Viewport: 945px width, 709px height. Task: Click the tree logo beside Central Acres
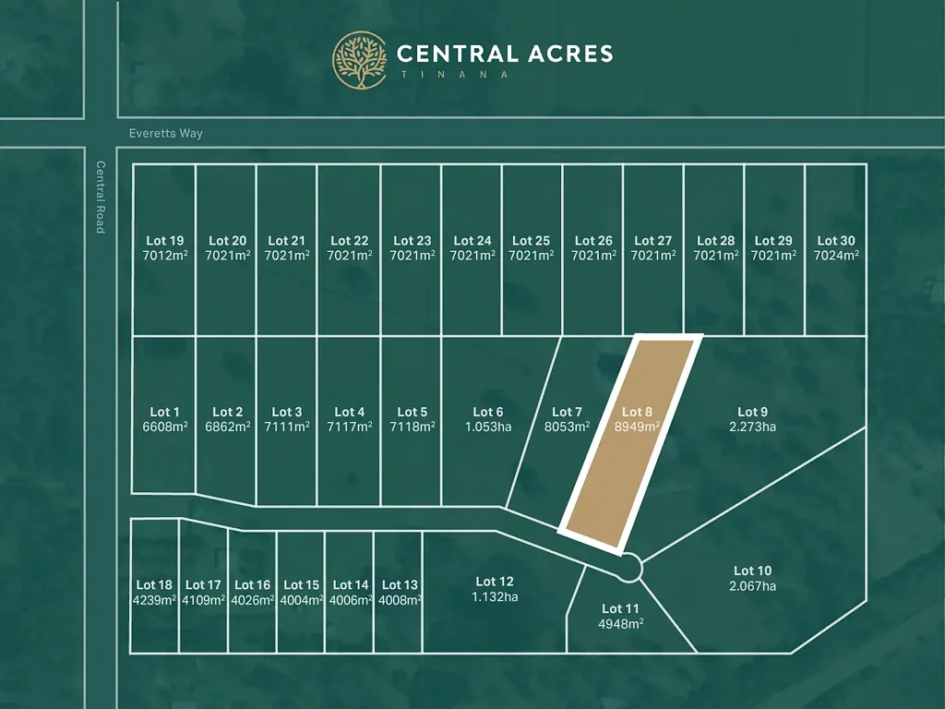pyautogui.click(x=360, y=60)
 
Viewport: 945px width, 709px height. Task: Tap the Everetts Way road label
pyautogui.click(x=166, y=133)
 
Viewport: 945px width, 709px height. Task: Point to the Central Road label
pyautogui.click(x=101, y=197)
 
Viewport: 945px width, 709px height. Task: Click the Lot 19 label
pyautogui.click(x=164, y=241)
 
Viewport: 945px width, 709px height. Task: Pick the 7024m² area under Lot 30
pyautogui.click(x=836, y=256)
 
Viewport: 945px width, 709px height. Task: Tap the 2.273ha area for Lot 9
pyautogui.click(x=752, y=427)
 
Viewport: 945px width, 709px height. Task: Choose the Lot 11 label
pyautogui.click(x=620, y=608)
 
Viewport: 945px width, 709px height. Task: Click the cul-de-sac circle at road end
pyautogui.click(x=628, y=568)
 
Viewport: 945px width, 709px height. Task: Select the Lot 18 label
pyautogui.click(x=154, y=584)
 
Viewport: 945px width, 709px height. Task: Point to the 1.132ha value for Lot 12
pyautogui.click(x=495, y=596)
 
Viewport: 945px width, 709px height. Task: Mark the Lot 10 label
pyautogui.click(x=752, y=571)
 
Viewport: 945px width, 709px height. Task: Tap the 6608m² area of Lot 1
pyautogui.click(x=164, y=427)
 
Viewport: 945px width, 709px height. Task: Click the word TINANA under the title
pyautogui.click(x=452, y=74)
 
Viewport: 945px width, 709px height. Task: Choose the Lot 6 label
pyautogui.click(x=488, y=412)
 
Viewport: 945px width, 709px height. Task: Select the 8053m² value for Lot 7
pyautogui.click(x=567, y=427)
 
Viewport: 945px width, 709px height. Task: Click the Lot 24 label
pyautogui.click(x=472, y=241)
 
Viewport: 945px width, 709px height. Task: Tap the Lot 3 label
pyautogui.click(x=286, y=412)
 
